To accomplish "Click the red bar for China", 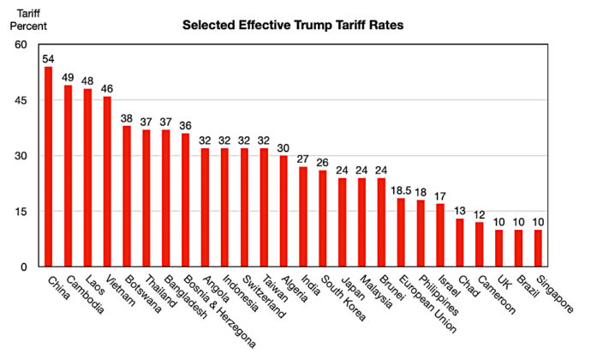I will tap(49, 167).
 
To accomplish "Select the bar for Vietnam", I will tap(107, 182).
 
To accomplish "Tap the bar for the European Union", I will tap(401, 232).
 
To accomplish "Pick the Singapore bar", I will tap(538, 248).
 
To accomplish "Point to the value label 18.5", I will tap(401, 191).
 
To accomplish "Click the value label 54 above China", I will tap(49, 59).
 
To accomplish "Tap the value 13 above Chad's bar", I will tap(460, 211).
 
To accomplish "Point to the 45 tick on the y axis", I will tap(19, 100).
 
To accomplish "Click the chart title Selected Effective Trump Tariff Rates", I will tap(292, 26).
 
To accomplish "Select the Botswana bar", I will tap(127, 196).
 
